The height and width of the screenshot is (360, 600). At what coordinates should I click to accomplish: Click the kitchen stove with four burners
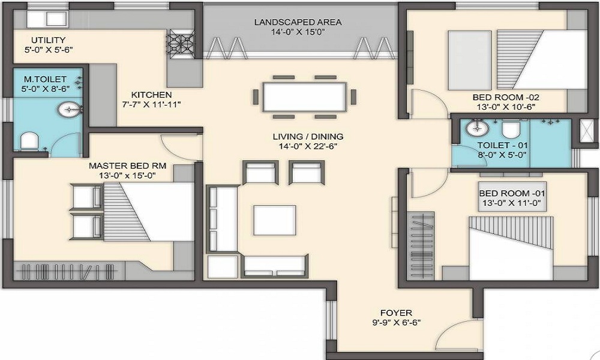tap(178, 44)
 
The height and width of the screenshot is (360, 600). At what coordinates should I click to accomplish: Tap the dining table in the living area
tap(304, 96)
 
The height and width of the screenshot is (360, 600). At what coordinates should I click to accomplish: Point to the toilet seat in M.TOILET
tap(29, 142)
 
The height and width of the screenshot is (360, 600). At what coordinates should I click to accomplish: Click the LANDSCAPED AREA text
tap(298, 22)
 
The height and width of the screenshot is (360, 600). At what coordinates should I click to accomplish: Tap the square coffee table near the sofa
tap(274, 219)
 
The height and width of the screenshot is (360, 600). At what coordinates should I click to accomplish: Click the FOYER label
tap(396, 313)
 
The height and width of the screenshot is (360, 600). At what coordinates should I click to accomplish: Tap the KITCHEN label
tap(152, 95)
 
